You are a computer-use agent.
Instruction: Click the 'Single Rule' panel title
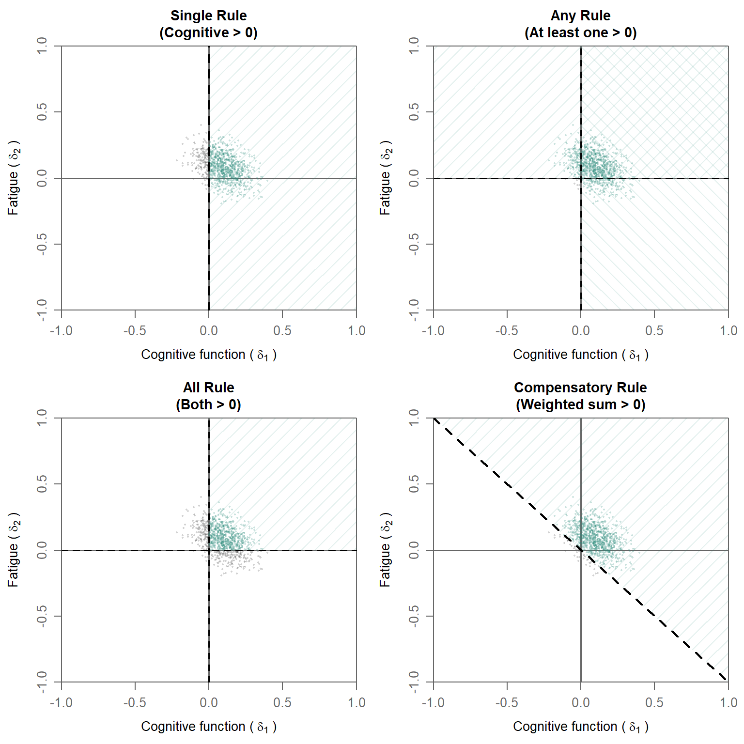[x=208, y=15]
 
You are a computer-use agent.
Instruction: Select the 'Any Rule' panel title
[x=580, y=15]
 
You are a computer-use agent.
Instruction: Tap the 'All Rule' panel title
[x=208, y=387]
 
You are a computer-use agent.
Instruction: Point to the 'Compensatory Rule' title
[x=580, y=387]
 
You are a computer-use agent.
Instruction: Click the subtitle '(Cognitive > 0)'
[x=208, y=33]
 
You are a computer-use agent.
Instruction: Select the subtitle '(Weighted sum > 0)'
[x=580, y=405]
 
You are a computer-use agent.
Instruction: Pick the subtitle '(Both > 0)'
[x=208, y=405]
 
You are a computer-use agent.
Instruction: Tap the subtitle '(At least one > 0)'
[x=580, y=33]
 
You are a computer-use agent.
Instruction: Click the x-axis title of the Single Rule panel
[x=209, y=355]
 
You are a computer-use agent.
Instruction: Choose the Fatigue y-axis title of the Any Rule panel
[x=386, y=178]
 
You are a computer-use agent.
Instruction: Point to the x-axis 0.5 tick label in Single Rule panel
[x=282, y=331]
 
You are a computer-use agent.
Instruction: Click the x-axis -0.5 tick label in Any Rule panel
[x=507, y=331]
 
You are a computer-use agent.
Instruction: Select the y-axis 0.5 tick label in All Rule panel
[x=42, y=484]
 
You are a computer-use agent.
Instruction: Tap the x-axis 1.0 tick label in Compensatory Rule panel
[x=728, y=703]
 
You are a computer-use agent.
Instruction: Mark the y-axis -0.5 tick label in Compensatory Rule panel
[x=414, y=616]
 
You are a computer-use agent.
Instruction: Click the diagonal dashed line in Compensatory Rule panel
[x=581, y=550]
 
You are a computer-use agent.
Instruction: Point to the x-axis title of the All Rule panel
[x=209, y=727]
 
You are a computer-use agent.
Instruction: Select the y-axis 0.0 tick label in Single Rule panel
[x=42, y=178]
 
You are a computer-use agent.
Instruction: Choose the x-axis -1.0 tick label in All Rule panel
[x=61, y=703]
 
